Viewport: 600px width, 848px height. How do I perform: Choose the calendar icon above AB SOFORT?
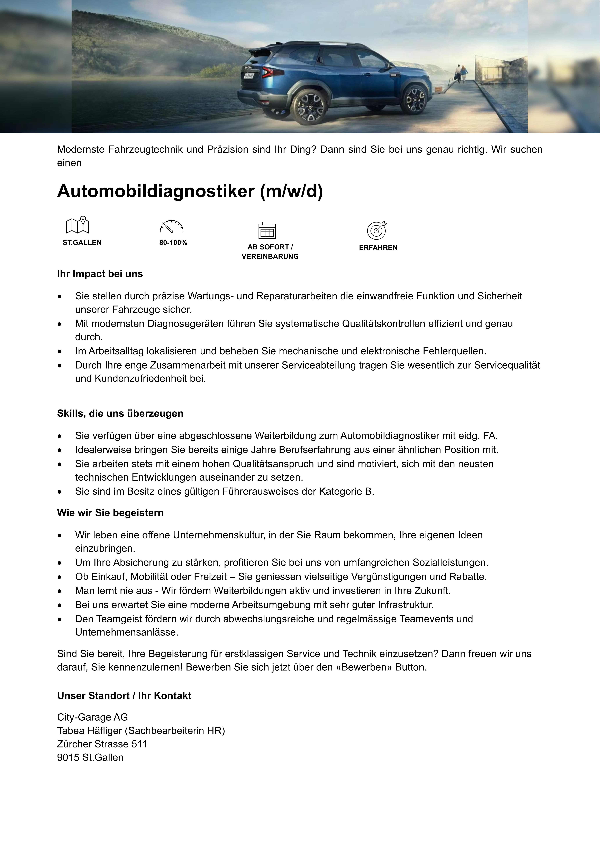tap(267, 230)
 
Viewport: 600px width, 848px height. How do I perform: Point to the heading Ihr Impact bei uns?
tap(100, 274)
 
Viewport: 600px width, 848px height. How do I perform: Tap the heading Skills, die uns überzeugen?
tap(120, 413)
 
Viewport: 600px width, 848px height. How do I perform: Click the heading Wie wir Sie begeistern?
tap(110, 513)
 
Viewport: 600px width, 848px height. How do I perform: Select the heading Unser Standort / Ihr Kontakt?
tap(124, 695)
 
